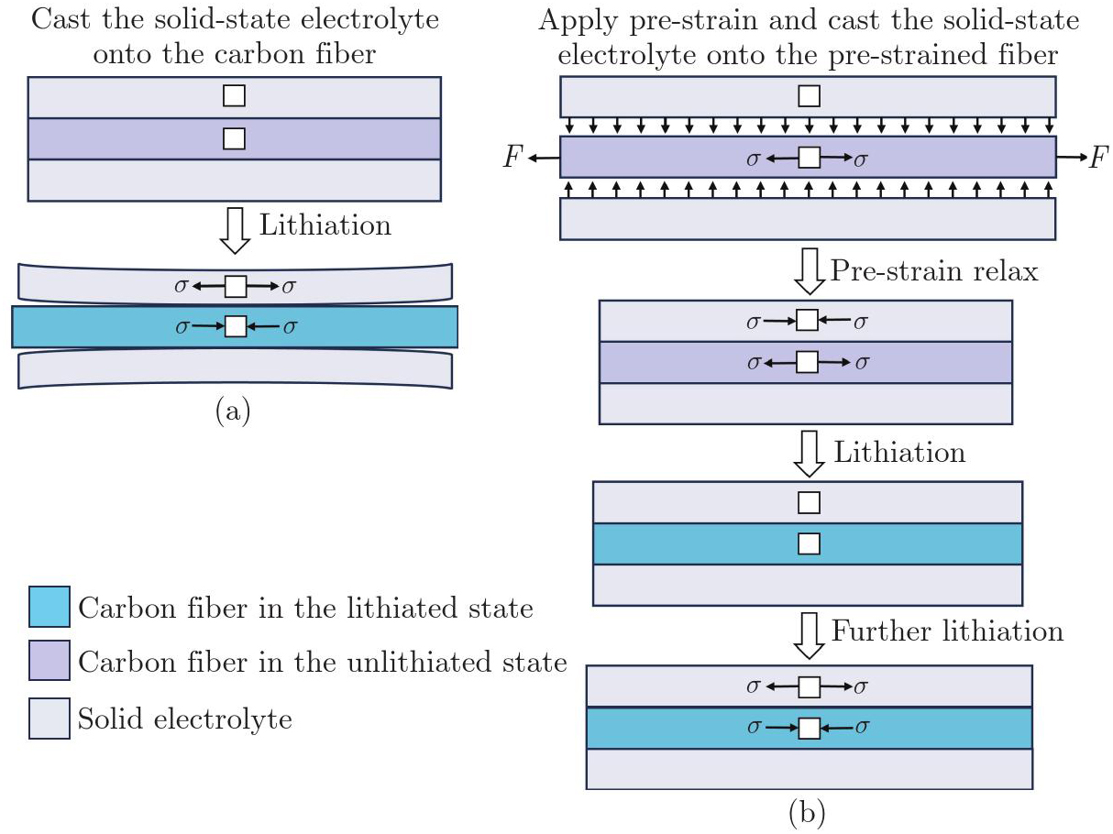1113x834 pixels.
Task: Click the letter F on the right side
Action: [1098, 159]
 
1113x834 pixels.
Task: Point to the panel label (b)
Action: [808, 810]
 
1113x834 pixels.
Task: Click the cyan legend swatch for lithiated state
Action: [49, 609]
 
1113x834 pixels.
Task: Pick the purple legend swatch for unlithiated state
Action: [49, 664]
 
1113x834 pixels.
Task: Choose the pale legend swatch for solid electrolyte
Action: [49, 719]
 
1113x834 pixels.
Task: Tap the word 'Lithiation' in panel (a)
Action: [325, 225]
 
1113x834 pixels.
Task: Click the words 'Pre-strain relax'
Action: [934, 270]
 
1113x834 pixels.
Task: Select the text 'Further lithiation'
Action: [947, 631]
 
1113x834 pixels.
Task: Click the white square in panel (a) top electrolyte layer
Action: [234, 95]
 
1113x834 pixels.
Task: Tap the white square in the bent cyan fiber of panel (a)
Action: [236, 325]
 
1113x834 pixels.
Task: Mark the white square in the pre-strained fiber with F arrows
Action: [809, 159]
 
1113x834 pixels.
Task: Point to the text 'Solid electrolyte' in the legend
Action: [185, 719]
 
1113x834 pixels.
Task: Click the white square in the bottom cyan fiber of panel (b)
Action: [809, 729]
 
